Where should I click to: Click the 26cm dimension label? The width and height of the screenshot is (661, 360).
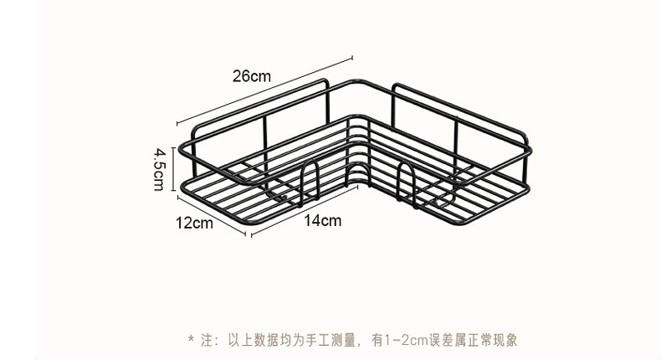point(252,76)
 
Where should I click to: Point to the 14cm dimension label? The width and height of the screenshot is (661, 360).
point(323,221)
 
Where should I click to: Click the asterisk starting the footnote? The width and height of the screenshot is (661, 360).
point(191,341)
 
